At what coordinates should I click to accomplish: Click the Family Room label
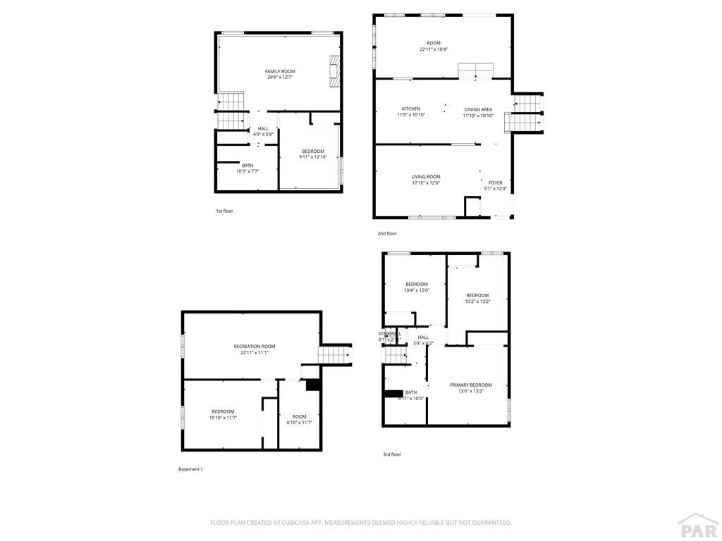coord(280,72)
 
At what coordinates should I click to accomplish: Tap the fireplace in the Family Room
coord(334,71)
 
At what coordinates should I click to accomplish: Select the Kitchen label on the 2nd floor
coord(411,109)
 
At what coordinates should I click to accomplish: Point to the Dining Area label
coord(478,109)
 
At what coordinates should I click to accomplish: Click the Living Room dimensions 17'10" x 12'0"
coord(426,183)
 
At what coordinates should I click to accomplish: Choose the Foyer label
coord(496,182)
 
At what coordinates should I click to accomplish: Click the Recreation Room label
coord(255,347)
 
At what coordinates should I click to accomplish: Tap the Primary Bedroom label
coord(471,385)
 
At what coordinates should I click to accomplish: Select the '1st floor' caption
coord(224,211)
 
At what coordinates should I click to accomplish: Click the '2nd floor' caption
coord(386,233)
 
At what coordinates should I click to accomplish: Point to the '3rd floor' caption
coord(392,454)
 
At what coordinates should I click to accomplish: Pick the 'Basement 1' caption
coord(190,469)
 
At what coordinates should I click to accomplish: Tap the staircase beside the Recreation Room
coord(334,354)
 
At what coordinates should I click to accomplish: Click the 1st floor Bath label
coord(247,166)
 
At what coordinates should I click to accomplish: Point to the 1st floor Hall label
coord(263,128)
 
